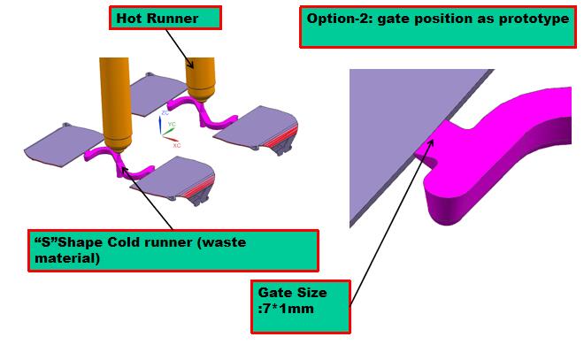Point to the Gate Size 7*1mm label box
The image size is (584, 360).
[x=300, y=306]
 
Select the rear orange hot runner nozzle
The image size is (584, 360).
[x=200, y=75]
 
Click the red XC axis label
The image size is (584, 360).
[x=177, y=144]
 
